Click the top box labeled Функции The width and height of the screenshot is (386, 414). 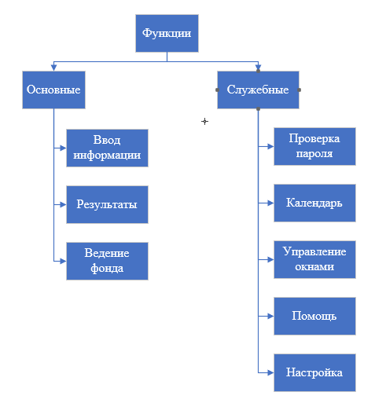(167, 33)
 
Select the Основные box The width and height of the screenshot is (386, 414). (53, 90)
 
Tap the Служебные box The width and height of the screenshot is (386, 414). (258, 90)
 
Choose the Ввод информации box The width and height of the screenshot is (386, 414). (107, 148)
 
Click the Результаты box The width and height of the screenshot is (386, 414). (107, 204)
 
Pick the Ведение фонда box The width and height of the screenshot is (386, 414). (107, 261)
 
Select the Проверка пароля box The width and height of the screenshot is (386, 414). (314, 147)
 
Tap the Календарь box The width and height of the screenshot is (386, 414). (314, 203)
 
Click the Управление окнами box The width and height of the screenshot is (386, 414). (314, 259)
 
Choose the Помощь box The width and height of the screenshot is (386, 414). (314, 316)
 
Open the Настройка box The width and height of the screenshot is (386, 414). (314, 372)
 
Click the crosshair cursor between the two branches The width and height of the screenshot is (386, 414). (204, 122)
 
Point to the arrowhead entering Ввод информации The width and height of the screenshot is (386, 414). (63, 148)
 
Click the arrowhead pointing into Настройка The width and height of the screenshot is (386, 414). (270, 372)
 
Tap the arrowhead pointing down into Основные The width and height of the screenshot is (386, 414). (53, 68)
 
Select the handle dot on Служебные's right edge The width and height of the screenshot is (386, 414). (299, 90)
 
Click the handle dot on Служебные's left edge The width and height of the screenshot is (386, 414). (218, 90)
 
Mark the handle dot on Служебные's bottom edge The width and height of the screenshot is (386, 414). (258, 108)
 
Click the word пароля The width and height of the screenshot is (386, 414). (314, 154)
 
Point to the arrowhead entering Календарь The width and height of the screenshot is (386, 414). (270, 203)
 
